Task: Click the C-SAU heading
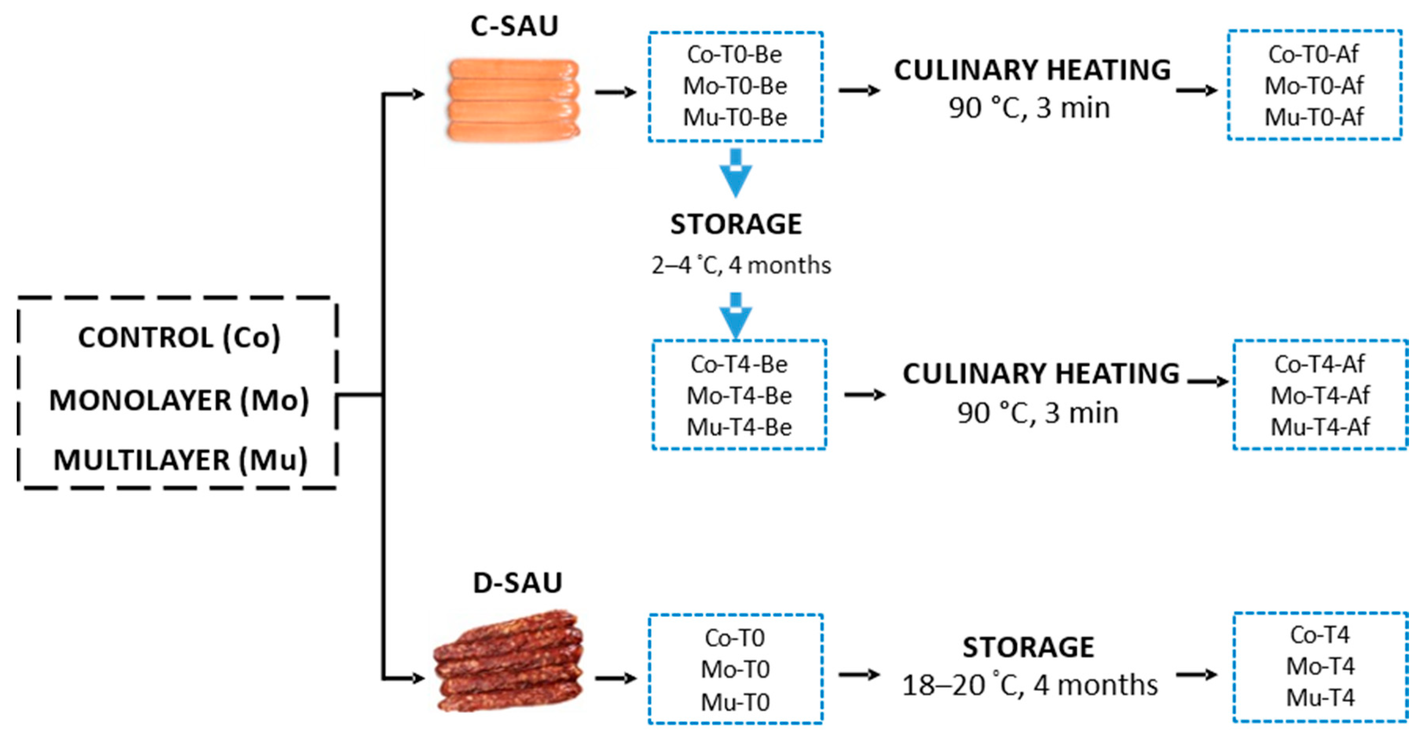coord(514,26)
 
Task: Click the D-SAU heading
coord(517,583)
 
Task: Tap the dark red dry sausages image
coord(508,662)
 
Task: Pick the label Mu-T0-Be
coord(735,118)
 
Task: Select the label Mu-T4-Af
coord(1320,427)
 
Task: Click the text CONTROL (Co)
coord(179,338)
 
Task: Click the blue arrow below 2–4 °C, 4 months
coord(735,316)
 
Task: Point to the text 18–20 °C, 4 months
coord(1029,686)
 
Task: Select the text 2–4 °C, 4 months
coord(740,266)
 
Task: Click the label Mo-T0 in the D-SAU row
coord(735,670)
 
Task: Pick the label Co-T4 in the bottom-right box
coord(1320,635)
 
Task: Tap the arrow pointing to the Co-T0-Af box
coord(1196,90)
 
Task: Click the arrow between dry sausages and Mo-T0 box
coord(616,678)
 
